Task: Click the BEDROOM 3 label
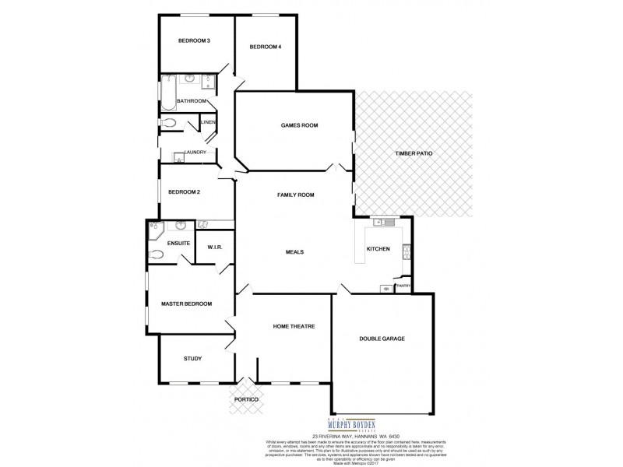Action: tap(194, 40)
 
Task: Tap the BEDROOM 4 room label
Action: tap(265, 47)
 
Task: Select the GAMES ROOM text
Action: tap(299, 125)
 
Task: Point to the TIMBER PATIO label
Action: tap(413, 153)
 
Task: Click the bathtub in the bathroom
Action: tap(167, 93)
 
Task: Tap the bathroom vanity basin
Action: tap(190, 80)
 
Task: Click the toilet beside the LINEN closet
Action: tap(170, 123)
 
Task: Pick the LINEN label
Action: tap(208, 123)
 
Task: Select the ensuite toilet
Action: tap(156, 255)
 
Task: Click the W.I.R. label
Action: tap(215, 248)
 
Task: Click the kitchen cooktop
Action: tap(406, 251)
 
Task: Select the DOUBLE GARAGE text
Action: tap(382, 339)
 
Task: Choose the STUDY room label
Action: tap(192, 359)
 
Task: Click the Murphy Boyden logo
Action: tap(333, 425)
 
